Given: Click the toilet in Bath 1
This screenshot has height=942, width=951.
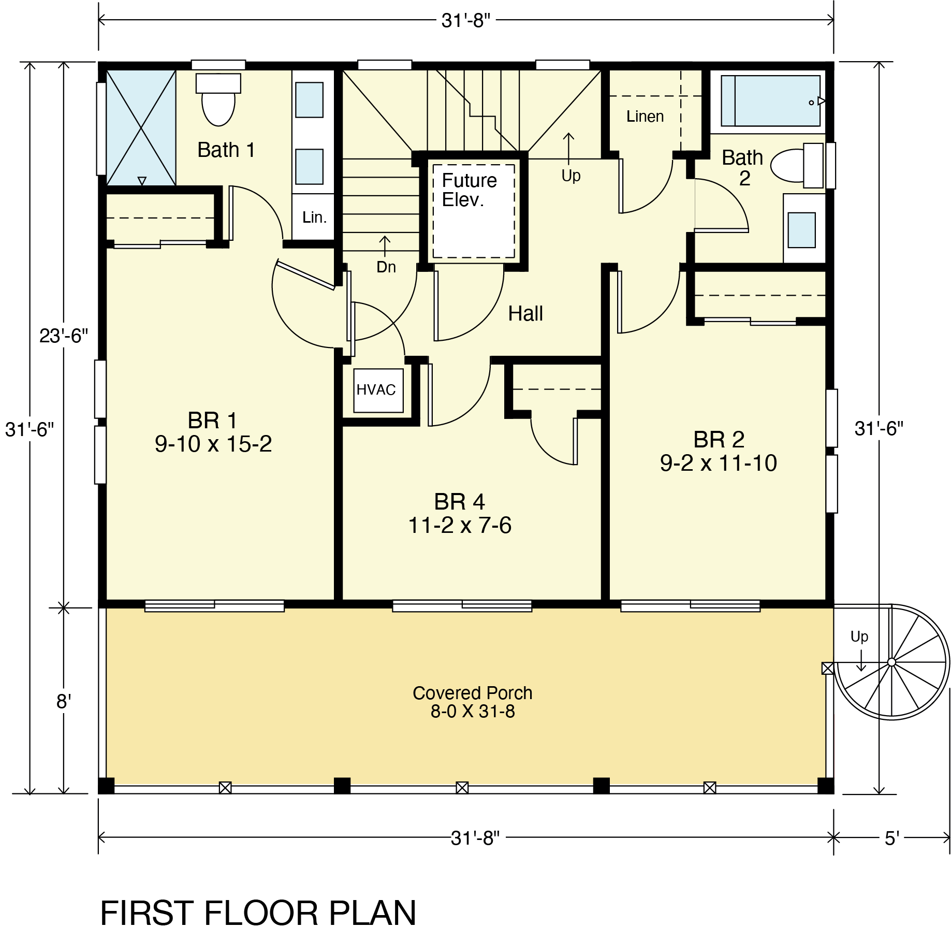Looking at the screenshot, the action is [218, 99].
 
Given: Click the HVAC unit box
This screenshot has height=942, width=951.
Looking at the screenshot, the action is [378, 390].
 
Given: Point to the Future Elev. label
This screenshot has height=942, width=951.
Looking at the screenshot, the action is [469, 190].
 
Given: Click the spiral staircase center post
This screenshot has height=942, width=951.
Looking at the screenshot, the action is [891, 662].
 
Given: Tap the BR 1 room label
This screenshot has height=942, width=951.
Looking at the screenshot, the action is [213, 420].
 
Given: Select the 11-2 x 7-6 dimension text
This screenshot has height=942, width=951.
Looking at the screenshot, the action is [460, 525].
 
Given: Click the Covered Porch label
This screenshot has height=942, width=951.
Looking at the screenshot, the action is [472, 692].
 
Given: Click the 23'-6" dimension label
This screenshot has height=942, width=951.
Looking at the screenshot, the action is [64, 336].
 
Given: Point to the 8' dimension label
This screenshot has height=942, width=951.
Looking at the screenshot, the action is [63, 702].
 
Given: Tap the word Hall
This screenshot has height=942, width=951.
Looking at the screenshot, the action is [525, 313].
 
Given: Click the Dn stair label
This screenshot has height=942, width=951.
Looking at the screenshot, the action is [386, 267].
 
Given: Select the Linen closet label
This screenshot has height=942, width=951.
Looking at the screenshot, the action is [645, 117].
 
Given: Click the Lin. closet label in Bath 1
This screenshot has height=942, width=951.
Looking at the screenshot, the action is [315, 218].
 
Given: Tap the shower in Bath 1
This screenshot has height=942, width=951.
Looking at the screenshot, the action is [141, 127].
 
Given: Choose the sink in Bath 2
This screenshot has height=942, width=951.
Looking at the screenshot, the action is [801, 230].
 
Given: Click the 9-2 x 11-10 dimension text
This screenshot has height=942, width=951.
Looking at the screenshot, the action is [719, 463].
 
